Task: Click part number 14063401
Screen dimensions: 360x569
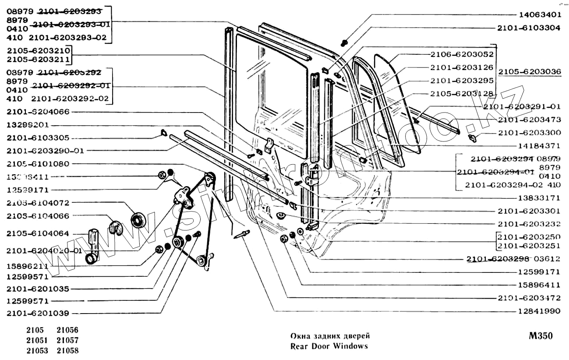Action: pyautogui.click(x=540, y=14)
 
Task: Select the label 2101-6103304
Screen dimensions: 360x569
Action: pyautogui.click(x=529, y=28)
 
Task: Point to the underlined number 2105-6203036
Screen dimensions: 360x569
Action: pyautogui.click(x=530, y=72)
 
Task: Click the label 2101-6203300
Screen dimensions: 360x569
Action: pyautogui.click(x=529, y=133)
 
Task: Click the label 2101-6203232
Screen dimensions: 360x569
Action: pyautogui.click(x=529, y=224)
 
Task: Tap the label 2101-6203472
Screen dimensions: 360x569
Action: pyautogui.click(x=529, y=298)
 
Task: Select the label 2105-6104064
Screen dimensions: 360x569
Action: pyautogui.click(x=39, y=233)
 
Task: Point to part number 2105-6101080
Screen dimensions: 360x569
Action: pyautogui.click(x=39, y=163)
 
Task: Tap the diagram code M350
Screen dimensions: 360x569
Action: pyautogui.click(x=540, y=336)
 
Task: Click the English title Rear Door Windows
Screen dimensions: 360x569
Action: pyautogui.click(x=329, y=346)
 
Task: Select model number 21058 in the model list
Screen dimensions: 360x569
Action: pyautogui.click(x=67, y=351)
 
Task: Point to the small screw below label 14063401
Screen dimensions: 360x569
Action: pyautogui.click(x=344, y=43)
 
